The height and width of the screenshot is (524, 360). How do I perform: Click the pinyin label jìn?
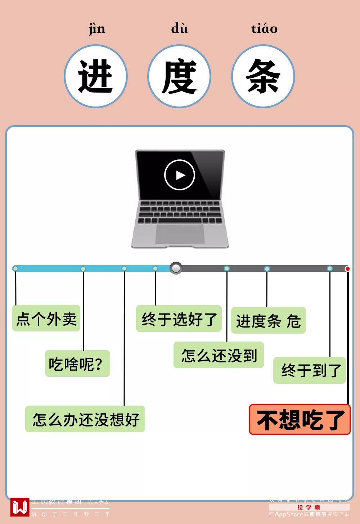click(97, 29)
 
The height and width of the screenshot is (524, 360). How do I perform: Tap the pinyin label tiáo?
click(264, 28)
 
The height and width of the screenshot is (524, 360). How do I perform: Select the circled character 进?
click(96, 76)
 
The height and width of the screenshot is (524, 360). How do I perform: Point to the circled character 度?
click(179, 76)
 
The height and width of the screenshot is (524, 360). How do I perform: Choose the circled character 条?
click(263, 76)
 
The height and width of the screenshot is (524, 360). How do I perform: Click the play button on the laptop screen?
click(179, 175)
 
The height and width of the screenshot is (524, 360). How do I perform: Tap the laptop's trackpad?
click(180, 234)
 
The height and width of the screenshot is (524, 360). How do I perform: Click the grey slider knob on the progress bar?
click(176, 268)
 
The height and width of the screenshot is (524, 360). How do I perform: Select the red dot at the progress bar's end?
click(347, 269)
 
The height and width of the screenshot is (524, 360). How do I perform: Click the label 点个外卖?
click(46, 319)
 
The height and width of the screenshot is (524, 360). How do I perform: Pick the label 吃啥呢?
click(77, 364)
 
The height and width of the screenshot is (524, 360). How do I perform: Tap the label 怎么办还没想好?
click(85, 419)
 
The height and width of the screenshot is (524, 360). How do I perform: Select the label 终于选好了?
click(179, 319)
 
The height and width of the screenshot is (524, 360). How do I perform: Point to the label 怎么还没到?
click(219, 355)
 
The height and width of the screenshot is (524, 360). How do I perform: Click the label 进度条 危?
click(268, 321)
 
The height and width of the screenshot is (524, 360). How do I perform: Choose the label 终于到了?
click(310, 370)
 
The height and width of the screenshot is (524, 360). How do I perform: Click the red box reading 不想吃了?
click(300, 420)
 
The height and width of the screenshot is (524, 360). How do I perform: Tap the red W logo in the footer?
click(20, 507)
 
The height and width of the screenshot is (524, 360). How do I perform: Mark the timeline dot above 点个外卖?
click(15, 268)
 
